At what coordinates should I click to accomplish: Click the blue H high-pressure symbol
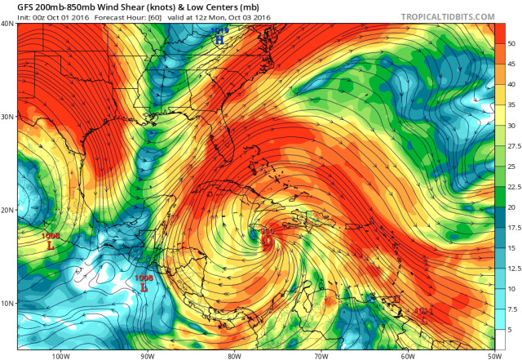tap(219, 38)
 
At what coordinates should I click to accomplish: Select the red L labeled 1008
tap(144, 287)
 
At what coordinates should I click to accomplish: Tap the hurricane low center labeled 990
tap(267, 241)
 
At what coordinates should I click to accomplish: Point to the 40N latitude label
tap(7, 24)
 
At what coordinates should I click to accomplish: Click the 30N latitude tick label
tap(7, 117)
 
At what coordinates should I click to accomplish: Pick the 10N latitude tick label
tap(7, 304)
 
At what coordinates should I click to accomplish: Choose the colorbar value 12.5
tap(512, 268)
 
